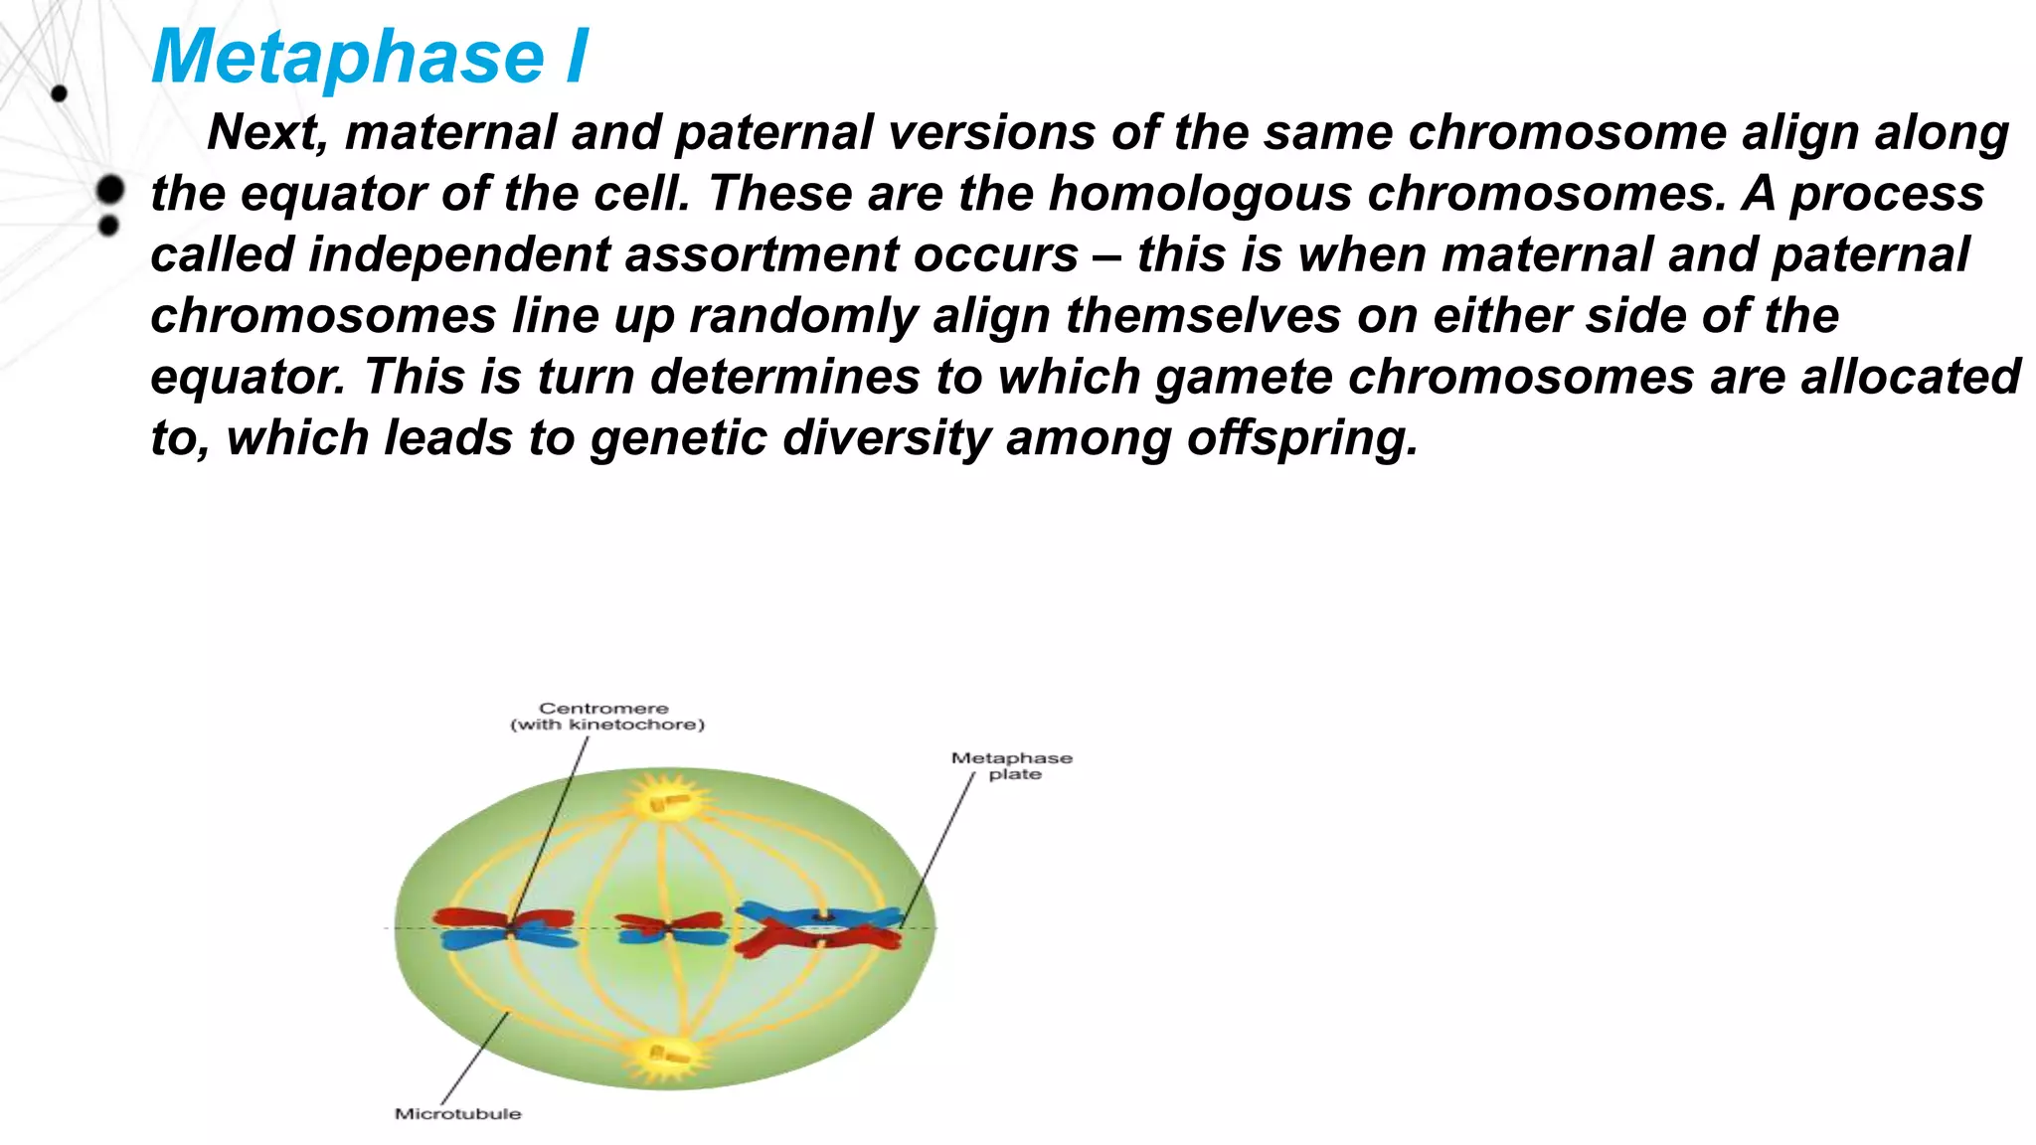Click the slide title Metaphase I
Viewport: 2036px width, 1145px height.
pos(370,57)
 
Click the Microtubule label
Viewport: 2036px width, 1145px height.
pos(458,1114)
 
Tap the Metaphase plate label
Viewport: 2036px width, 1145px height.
pos(1012,766)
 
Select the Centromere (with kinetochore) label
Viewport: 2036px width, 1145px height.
pos(607,717)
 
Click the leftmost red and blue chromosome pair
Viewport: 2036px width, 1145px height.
pos(506,928)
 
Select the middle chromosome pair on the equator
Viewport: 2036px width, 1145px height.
pos(669,928)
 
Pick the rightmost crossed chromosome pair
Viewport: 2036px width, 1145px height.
pos(819,928)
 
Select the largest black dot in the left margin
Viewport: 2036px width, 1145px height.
pos(110,189)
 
